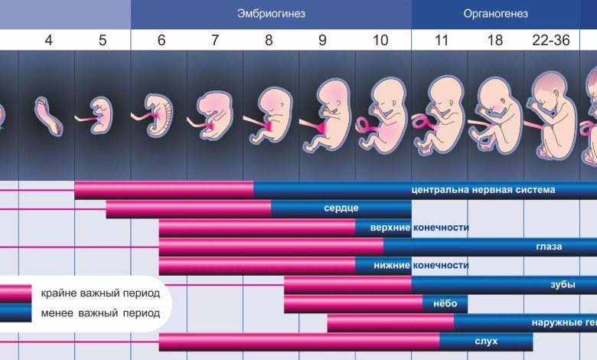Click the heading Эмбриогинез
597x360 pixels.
point(270,14)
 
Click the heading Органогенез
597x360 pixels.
point(495,14)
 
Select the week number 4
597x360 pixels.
point(49,41)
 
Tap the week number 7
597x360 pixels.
point(215,41)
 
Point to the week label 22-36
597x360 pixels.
point(551,41)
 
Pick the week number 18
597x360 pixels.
point(495,41)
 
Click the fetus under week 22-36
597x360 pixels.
point(552,115)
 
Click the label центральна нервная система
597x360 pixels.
point(483,189)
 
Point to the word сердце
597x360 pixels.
point(341,208)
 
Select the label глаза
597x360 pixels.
point(549,247)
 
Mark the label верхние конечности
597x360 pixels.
point(419,227)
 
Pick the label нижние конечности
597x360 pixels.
point(419,266)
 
